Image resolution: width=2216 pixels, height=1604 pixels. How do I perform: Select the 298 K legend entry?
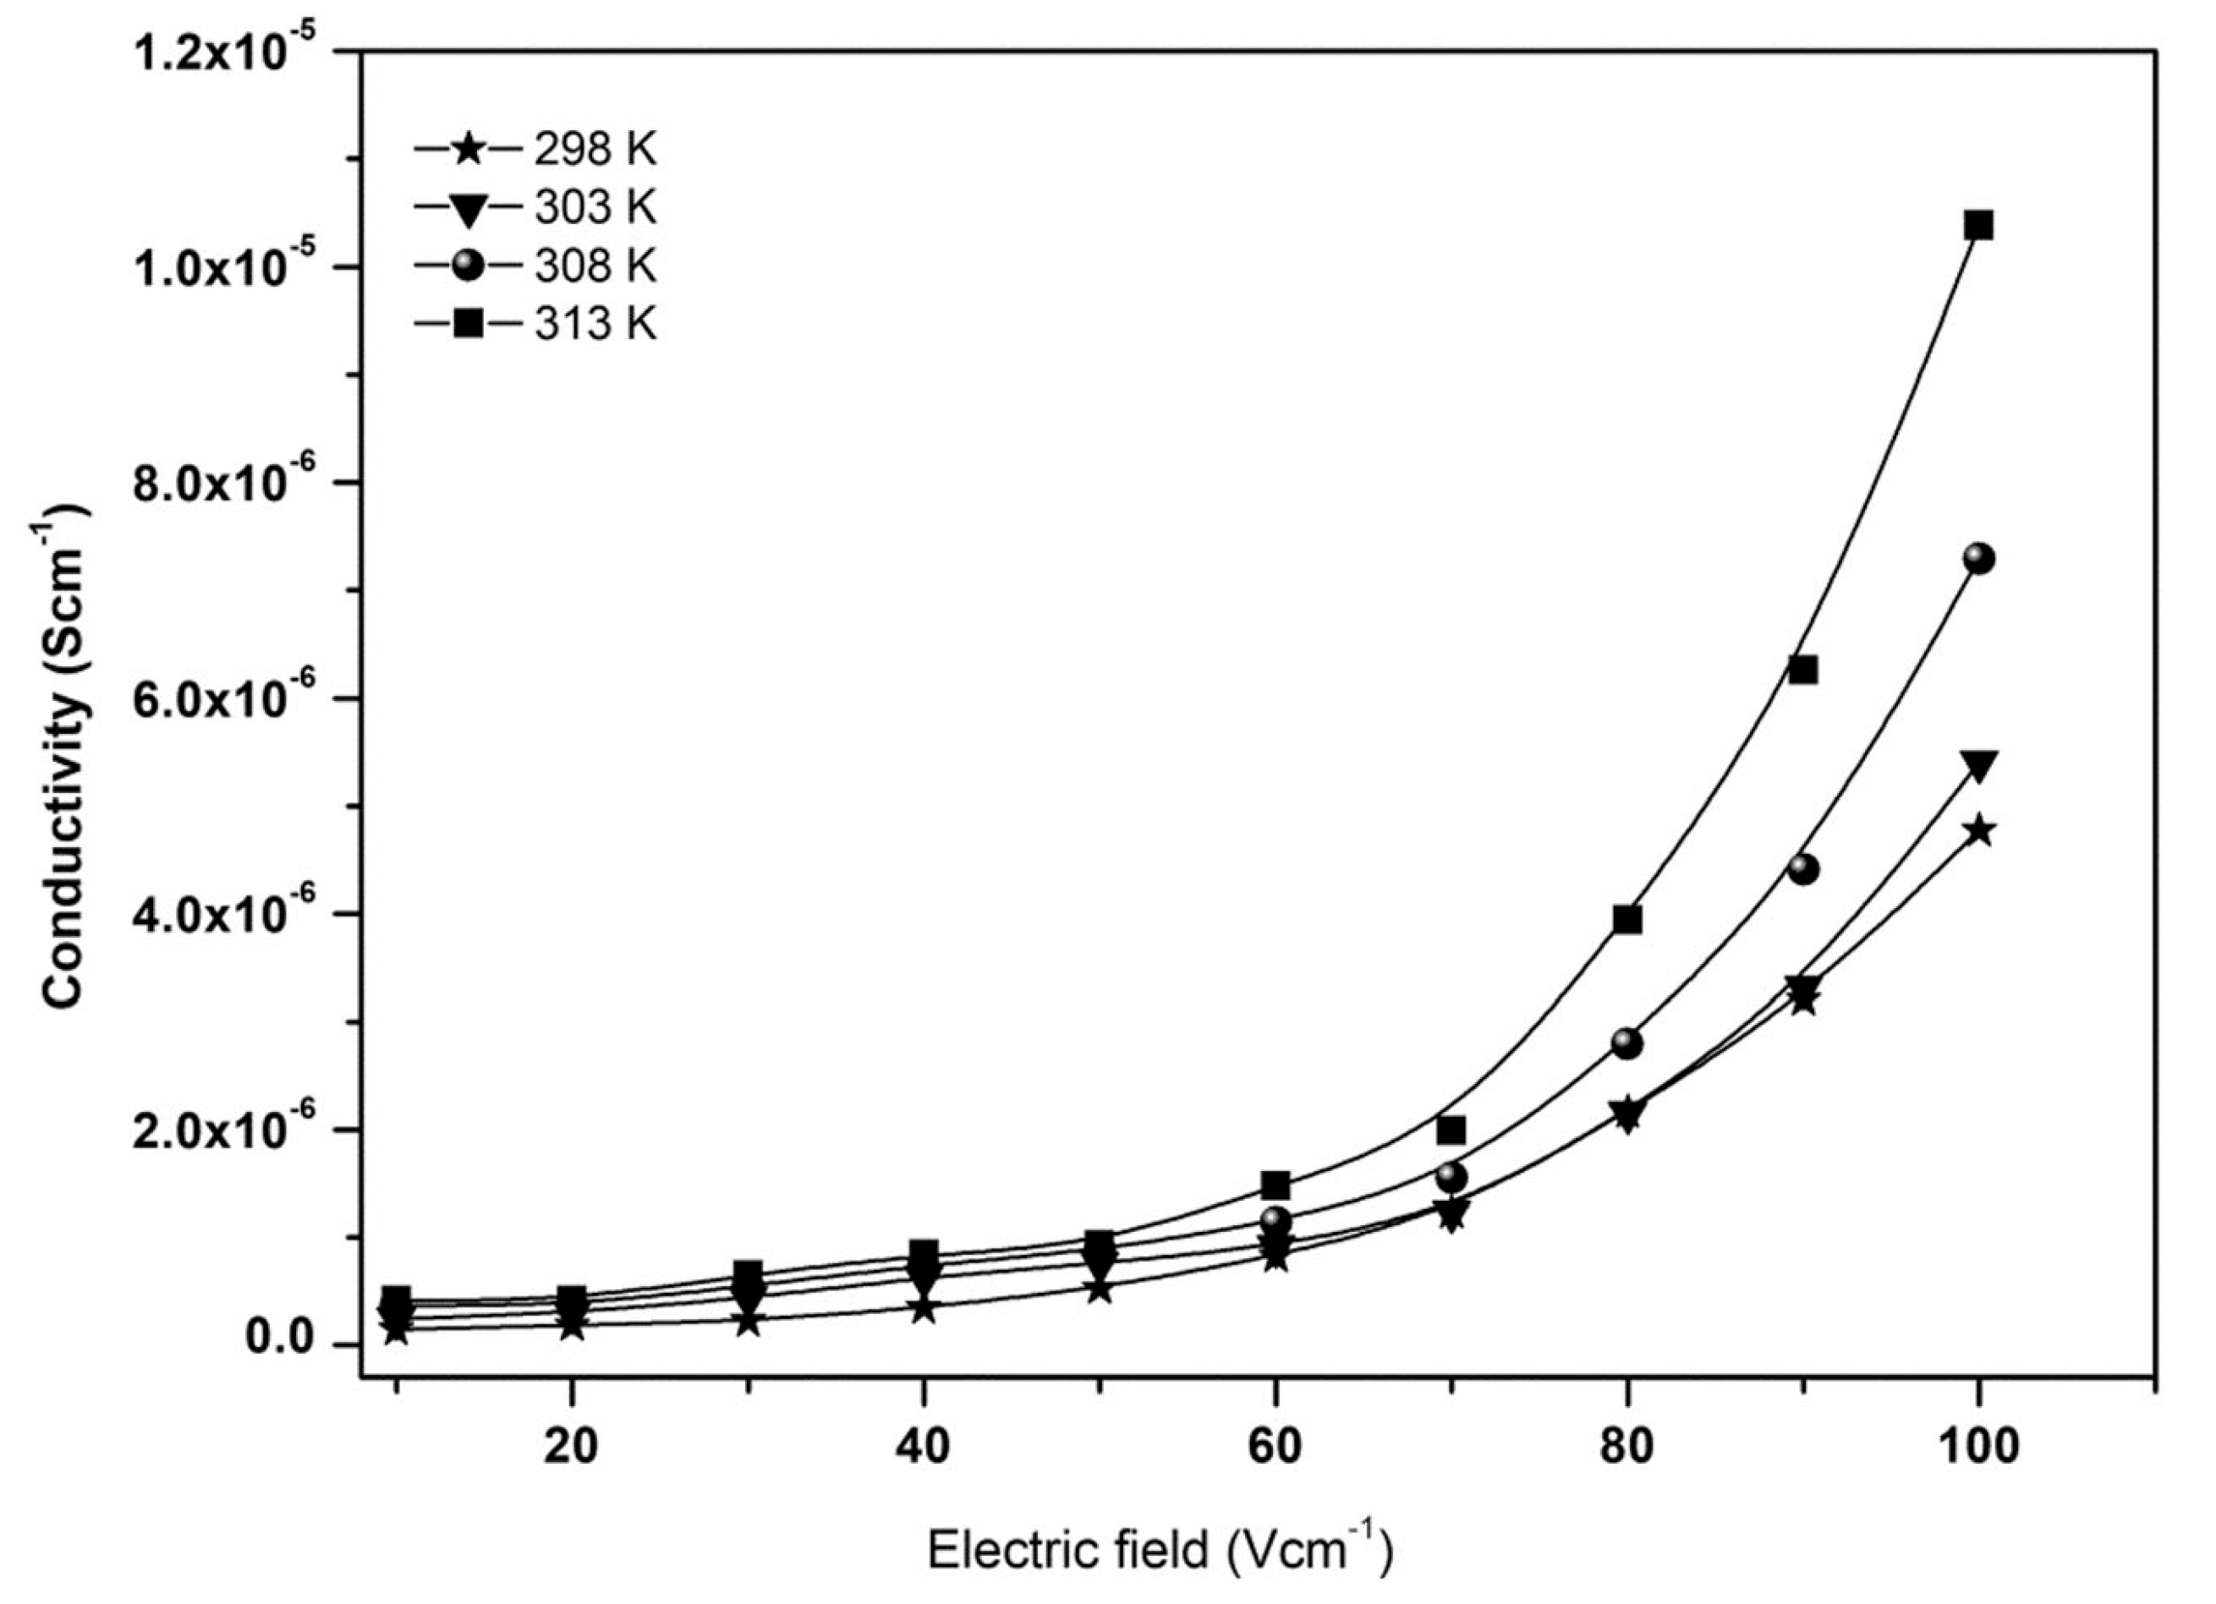tap(535, 151)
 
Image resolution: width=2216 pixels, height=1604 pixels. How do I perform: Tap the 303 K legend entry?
tap(535, 208)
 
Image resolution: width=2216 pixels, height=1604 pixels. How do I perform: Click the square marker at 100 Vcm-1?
tap(1978, 227)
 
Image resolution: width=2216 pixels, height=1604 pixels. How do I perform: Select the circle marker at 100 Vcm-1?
tap(1978, 559)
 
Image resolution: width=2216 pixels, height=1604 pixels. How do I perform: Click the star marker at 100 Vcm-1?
tap(1978, 831)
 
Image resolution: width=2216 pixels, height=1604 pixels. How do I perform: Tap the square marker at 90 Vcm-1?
tap(1802, 671)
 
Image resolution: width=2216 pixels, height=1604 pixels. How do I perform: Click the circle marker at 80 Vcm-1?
tap(1626, 1043)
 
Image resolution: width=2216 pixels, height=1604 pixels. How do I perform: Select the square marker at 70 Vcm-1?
tap(1452, 1130)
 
